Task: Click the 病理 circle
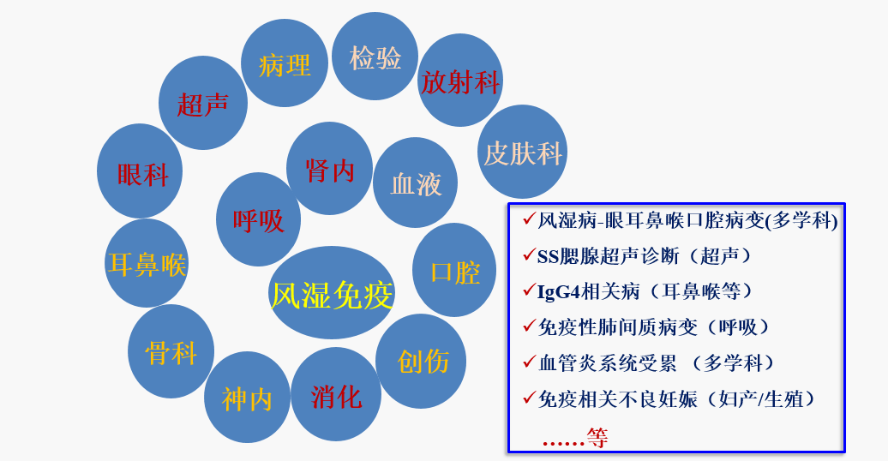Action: pyautogui.click(x=285, y=63)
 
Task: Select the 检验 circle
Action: pyautogui.click(x=375, y=57)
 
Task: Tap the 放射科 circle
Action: pyautogui.click(x=460, y=81)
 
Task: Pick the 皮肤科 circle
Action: pyautogui.click(x=522, y=153)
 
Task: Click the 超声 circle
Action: pyautogui.click(x=203, y=104)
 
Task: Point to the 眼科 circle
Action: pyautogui.click(x=141, y=173)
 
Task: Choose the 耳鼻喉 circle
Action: pyautogui.click(x=147, y=263)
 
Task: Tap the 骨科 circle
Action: pyautogui.click(x=171, y=351)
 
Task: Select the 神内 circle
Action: pyautogui.click(x=247, y=398)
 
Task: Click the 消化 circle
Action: pyautogui.click(x=336, y=395)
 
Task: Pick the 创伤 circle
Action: pyautogui.click(x=422, y=361)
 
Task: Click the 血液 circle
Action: pyautogui.click(x=416, y=183)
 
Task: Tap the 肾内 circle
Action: pyautogui.click(x=330, y=169)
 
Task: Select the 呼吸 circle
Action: pyautogui.click(x=258, y=219)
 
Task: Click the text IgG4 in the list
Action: pyautogui.click(x=556, y=291)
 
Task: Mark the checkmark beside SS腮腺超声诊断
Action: pyautogui.click(x=527, y=254)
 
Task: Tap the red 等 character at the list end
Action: pyautogui.click(x=597, y=438)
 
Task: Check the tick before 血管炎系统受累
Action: pyautogui.click(x=527, y=362)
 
